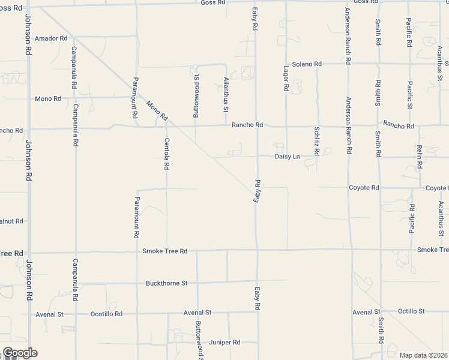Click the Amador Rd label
pyautogui.click(x=51, y=38)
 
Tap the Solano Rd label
pyautogui.click(x=307, y=64)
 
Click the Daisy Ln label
pyautogui.click(x=287, y=157)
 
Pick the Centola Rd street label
pyautogui.click(x=166, y=153)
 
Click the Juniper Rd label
pyautogui.click(x=224, y=342)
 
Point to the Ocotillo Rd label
pyautogui.click(x=106, y=314)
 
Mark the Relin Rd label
pyautogui.click(x=420, y=155)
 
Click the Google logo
pyautogui.click(x=20, y=352)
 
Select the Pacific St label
pyautogui.click(x=409, y=95)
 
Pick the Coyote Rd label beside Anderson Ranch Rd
pyautogui.click(x=364, y=188)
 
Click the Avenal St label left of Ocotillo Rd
pyautogui.click(x=49, y=314)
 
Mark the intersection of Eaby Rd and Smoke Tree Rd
pyautogui.click(x=257, y=249)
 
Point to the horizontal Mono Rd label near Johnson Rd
pyautogui.click(x=48, y=98)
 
